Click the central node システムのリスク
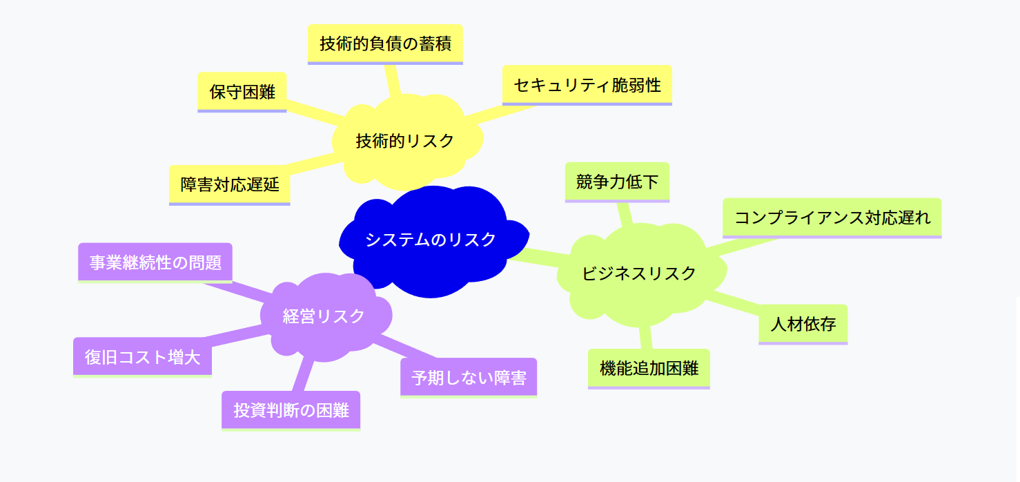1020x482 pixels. click(x=431, y=240)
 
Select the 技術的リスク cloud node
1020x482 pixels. click(x=405, y=141)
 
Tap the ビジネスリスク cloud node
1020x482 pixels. click(x=639, y=273)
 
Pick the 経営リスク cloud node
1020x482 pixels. click(x=324, y=316)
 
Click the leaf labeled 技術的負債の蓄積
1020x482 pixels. click(x=385, y=44)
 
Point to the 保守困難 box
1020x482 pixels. click(x=242, y=92)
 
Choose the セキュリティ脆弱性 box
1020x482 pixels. click(x=587, y=85)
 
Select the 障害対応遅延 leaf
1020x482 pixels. click(x=229, y=184)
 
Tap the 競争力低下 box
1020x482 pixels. click(x=617, y=182)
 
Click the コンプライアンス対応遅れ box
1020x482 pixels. click(x=832, y=218)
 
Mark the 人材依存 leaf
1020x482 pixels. click(x=803, y=324)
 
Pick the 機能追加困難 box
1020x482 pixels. click(x=649, y=369)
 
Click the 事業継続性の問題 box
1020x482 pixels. click(x=155, y=262)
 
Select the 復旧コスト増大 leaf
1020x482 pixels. click(x=142, y=357)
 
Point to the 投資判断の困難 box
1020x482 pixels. click(x=291, y=411)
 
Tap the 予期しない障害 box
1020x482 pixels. click(x=469, y=378)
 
